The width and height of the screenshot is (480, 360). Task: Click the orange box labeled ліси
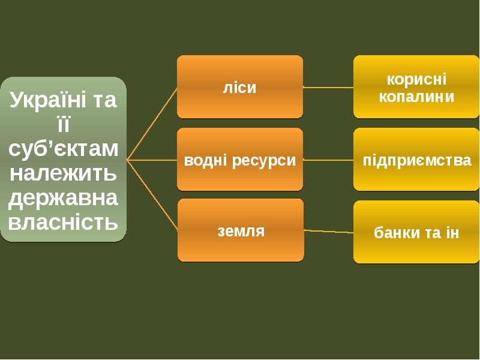pos(239,86)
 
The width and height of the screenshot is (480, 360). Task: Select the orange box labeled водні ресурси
pos(239,160)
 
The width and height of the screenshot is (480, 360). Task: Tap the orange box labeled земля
pos(240,230)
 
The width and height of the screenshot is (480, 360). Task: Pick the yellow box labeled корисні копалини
pos(416,87)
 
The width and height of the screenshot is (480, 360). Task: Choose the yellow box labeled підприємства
pos(416,160)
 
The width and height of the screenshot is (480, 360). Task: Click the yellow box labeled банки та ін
pos(416,232)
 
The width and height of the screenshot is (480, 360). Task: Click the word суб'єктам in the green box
pos(63,148)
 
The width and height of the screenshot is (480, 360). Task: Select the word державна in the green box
pos(63,198)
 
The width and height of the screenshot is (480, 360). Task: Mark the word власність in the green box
pos(63,222)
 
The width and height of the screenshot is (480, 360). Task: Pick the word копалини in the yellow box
pos(416,96)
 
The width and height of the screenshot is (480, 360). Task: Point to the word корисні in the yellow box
pos(416,79)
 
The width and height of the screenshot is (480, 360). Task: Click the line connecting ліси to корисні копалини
pos(328,87)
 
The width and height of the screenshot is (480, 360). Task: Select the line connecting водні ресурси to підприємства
pos(328,160)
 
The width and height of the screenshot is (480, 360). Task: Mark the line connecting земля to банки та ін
pos(328,231)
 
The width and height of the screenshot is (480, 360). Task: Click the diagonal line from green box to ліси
pos(152,124)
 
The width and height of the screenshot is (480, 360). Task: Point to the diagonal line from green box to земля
pos(152,195)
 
